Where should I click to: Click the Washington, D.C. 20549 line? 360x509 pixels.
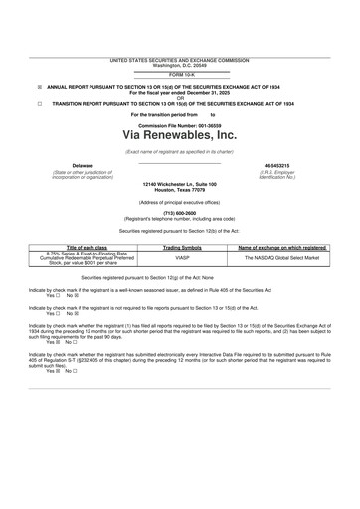180,66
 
